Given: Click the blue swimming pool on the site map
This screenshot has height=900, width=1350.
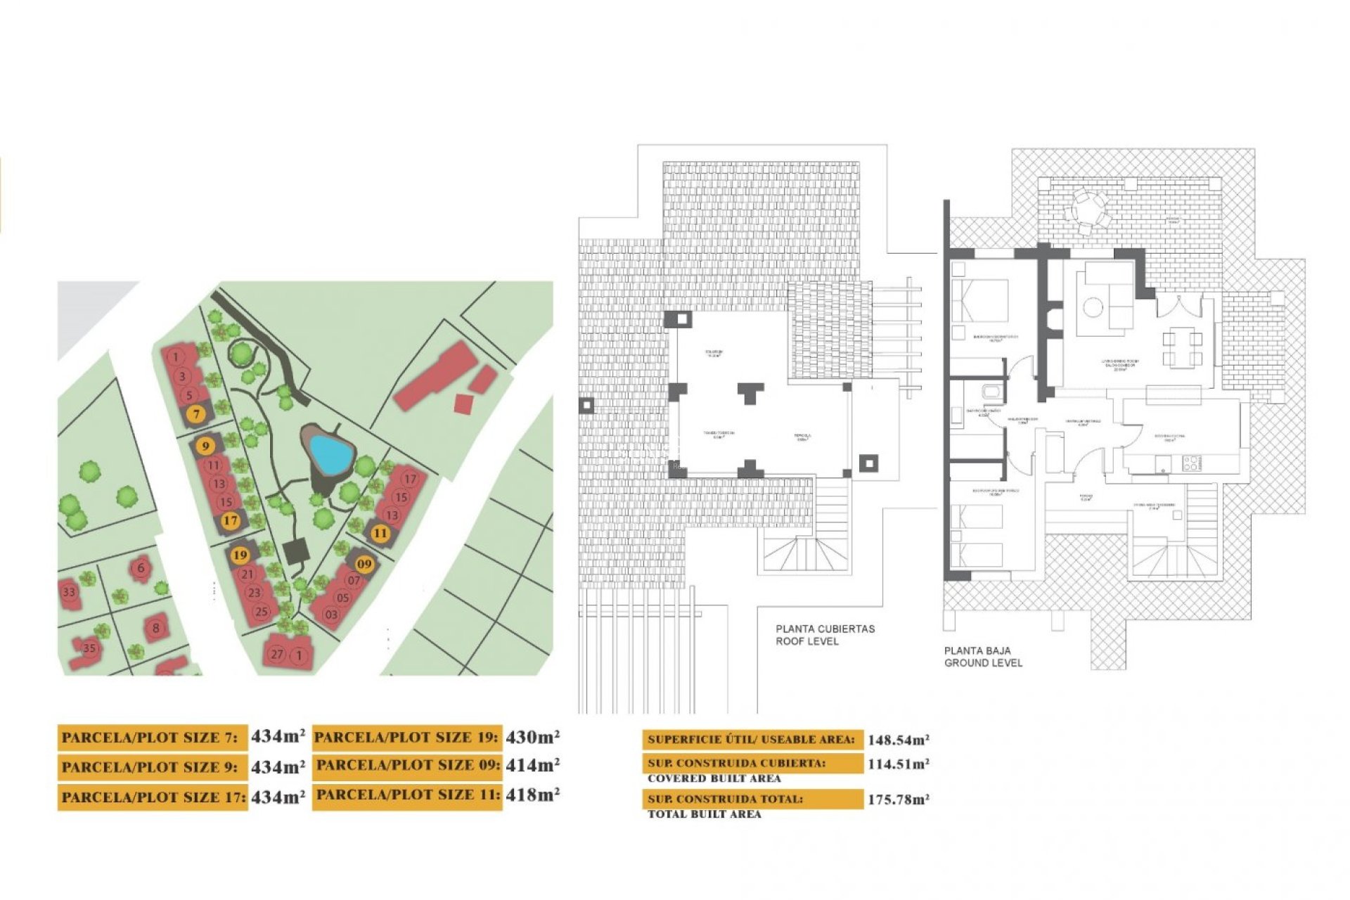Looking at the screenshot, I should pos(331,454).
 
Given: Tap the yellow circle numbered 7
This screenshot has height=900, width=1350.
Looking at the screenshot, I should pos(197,414).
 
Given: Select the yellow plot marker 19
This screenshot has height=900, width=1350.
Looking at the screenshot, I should pos(240,555).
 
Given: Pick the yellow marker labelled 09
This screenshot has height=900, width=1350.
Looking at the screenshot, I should pos(364,564).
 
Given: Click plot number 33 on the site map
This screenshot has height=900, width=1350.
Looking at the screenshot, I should pos(69,592).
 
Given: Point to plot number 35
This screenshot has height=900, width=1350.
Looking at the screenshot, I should pos(89,648).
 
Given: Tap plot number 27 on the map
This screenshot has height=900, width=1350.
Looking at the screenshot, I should pos(277,654).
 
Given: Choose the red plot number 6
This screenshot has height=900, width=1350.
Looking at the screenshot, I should pos(141,568).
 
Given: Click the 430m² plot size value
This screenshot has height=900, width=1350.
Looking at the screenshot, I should pos(532,737).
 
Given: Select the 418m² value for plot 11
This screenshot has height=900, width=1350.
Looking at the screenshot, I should pos(532,795).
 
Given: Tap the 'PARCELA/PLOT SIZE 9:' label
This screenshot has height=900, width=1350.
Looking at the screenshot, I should pos(150,767).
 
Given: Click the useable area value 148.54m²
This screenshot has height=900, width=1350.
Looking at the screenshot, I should pos(898,740).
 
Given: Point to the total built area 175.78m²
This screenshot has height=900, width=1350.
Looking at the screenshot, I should pos(898,799).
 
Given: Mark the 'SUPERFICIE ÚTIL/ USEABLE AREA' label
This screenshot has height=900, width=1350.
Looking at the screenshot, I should pos(751,740).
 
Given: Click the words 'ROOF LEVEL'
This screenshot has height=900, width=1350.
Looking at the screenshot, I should pos(806,641).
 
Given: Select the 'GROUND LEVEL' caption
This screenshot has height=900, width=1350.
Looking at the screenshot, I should pos(983,663).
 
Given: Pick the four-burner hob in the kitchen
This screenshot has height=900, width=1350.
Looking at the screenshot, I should pos(1190,463).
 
